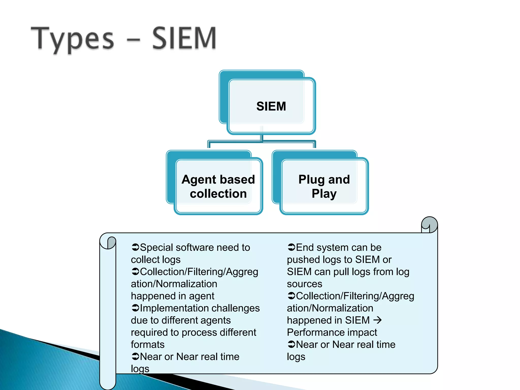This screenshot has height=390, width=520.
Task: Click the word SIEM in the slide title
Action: click(x=184, y=38)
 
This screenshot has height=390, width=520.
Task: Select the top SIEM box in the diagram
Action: click(x=271, y=106)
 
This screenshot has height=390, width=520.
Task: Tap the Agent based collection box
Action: click(x=218, y=186)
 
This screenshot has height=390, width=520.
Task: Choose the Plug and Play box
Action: click(x=324, y=186)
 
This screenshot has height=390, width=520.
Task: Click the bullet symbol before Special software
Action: click(x=135, y=247)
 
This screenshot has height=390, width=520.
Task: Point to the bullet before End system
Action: click(x=291, y=247)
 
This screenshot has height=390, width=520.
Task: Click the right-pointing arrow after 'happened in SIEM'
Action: click(x=378, y=320)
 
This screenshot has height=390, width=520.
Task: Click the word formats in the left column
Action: click(x=148, y=344)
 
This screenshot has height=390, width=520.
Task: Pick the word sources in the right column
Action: click(x=304, y=284)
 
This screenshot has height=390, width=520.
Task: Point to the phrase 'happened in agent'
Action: click(x=172, y=296)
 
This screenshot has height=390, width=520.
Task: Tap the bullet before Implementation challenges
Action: click(x=135, y=308)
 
